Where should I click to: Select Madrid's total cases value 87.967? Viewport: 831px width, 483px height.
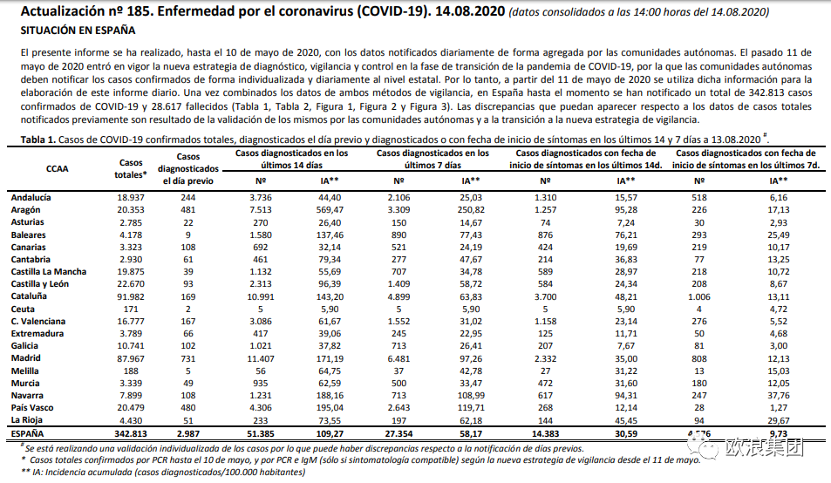(x=131, y=358)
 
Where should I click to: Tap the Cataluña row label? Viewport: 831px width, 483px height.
(x=30, y=296)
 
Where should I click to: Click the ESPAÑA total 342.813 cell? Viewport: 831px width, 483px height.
(x=130, y=432)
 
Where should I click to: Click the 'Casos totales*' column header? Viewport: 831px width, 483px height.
(x=131, y=168)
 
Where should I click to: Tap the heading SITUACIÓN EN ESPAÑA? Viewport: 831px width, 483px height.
(x=77, y=31)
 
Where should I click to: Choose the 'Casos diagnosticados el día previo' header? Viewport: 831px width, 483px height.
(x=188, y=168)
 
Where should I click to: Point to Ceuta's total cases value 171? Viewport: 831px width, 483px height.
(x=131, y=309)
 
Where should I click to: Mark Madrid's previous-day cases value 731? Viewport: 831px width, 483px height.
(x=188, y=358)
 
